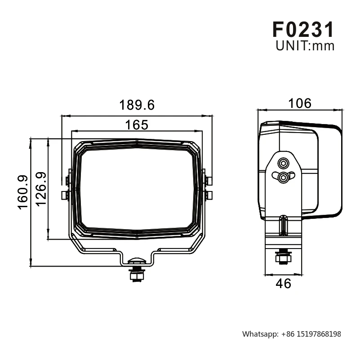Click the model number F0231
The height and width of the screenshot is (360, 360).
(303, 29)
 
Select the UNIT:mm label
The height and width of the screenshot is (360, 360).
(305, 46)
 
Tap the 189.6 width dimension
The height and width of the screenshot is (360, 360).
(137, 105)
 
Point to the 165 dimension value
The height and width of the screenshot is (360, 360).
(137, 125)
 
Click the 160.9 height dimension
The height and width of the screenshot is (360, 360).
(23, 192)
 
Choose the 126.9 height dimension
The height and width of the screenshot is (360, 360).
(41, 189)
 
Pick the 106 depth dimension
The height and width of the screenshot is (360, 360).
(300, 103)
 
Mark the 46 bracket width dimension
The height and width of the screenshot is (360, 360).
(283, 284)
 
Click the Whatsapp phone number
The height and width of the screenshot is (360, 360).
(311, 334)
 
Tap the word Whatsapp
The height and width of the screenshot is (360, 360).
(260, 334)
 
